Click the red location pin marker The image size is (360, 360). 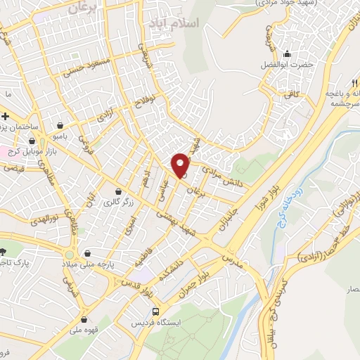pyautogui.click(x=181, y=165)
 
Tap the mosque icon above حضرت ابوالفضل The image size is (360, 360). pyautogui.click(x=286, y=54)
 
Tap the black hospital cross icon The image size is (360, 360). pyautogui.click(x=5, y=115)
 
